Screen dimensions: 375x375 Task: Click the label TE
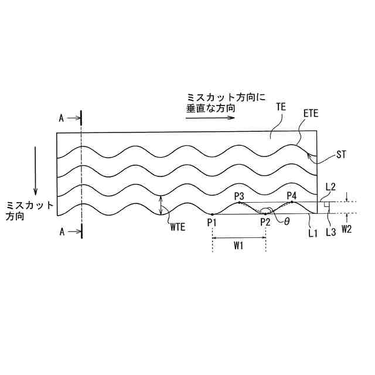tap(281, 107)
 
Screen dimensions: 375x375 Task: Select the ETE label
tap(311, 113)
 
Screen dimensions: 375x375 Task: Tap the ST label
tap(341, 155)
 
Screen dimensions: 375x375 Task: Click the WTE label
tap(178, 227)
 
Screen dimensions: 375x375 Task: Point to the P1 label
tap(212, 223)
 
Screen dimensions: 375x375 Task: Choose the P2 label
tap(265, 223)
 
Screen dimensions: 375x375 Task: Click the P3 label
tap(239, 196)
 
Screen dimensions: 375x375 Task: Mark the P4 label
tap(292, 196)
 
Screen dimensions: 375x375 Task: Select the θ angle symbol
tap(287, 221)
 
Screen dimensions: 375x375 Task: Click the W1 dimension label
tap(238, 246)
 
